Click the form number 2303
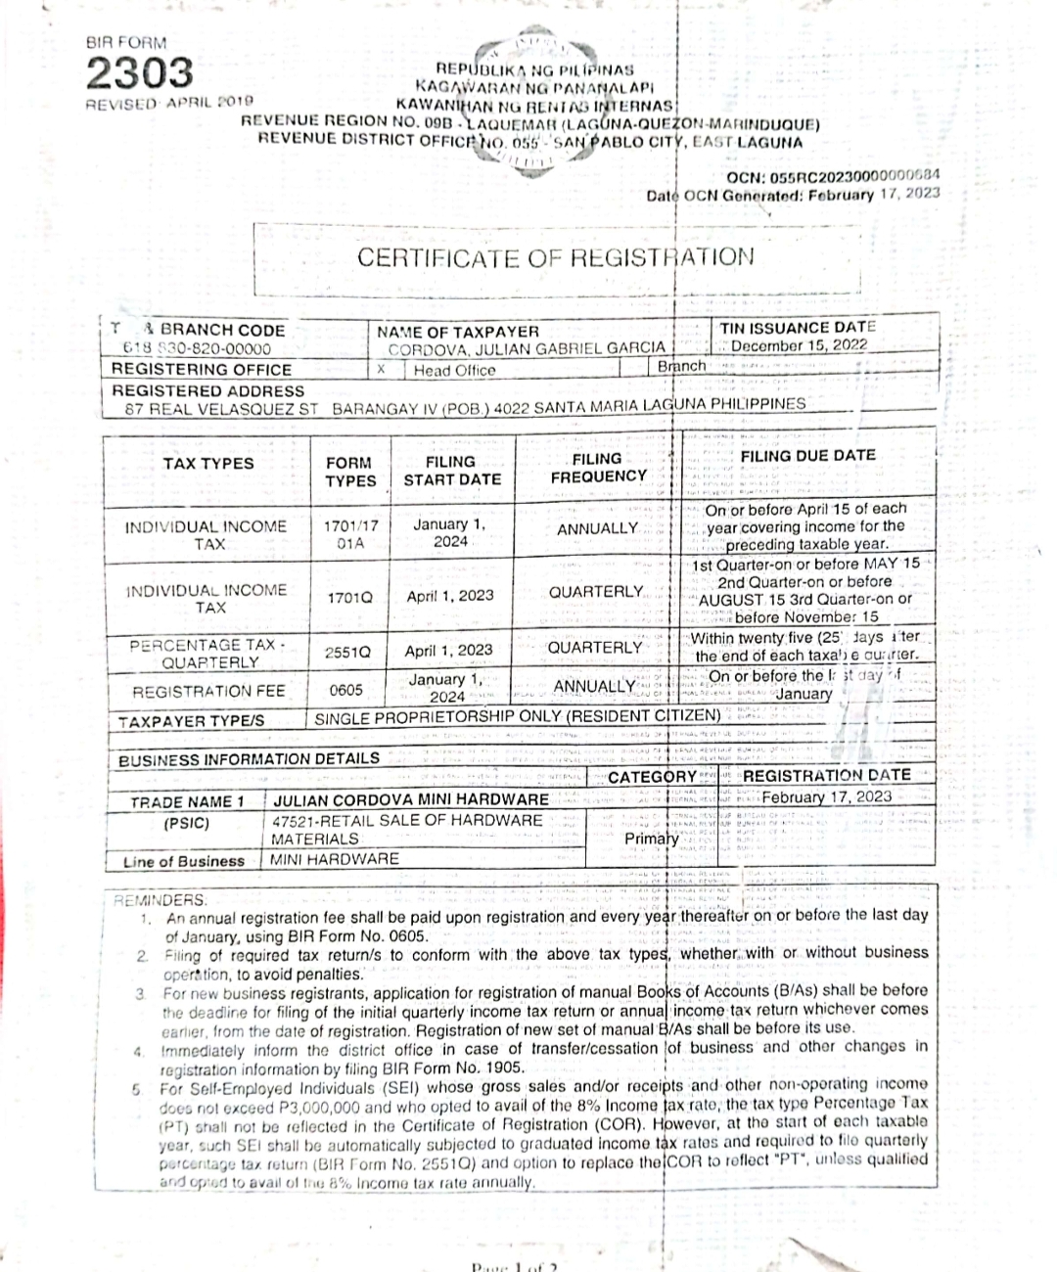[x=140, y=73]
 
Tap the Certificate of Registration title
[x=555, y=258]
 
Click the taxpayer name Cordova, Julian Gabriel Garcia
[x=526, y=347]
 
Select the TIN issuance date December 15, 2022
[x=798, y=345]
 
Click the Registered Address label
[x=207, y=390]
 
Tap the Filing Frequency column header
[x=598, y=468]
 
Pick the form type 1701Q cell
[x=348, y=596]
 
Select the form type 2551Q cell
[x=347, y=651]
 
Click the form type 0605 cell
[x=346, y=690]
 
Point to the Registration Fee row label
[x=208, y=691]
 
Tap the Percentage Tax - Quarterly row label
[x=207, y=654]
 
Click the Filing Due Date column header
[x=807, y=456]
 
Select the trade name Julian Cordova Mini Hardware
[x=410, y=800]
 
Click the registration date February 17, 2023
[x=827, y=796]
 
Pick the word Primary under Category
[x=652, y=839]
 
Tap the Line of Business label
[x=184, y=861]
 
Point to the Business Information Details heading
[x=249, y=759]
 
